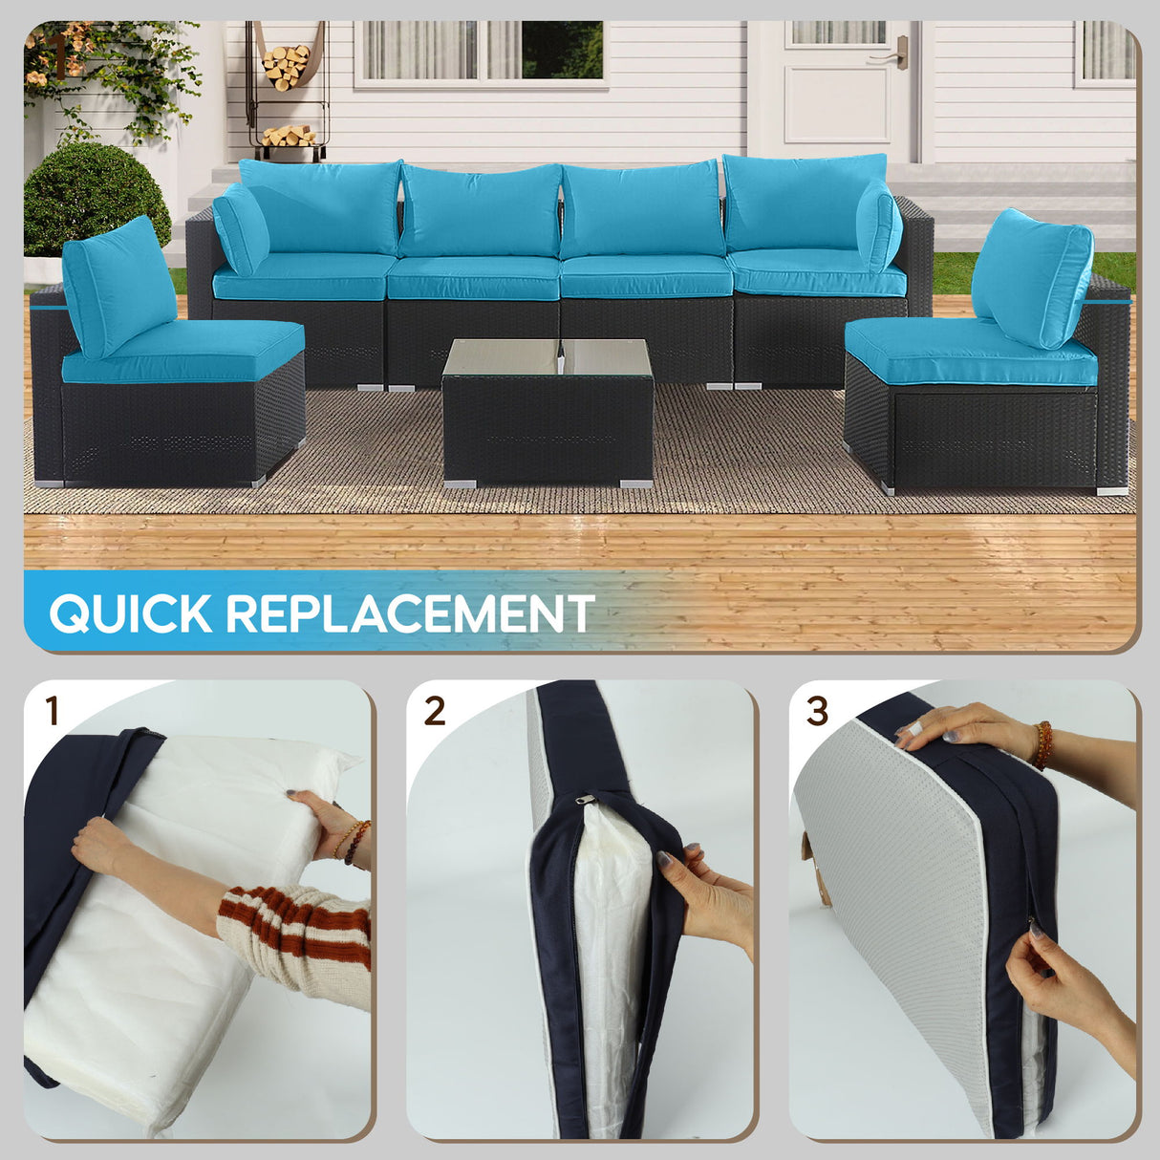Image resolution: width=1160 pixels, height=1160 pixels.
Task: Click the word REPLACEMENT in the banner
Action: click(x=410, y=613)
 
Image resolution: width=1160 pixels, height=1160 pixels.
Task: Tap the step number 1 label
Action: click(x=52, y=712)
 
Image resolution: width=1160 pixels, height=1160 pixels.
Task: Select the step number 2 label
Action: click(x=435, y=712)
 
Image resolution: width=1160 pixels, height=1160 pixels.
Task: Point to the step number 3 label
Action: click(x=817, y=712)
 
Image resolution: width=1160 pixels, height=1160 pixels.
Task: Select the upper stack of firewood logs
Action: click(x=286, y=67)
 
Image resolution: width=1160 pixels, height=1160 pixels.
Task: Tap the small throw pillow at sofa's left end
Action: click(x=241, y=230)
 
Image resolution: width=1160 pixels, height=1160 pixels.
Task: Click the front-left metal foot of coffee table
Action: click(x=460, y=483)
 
